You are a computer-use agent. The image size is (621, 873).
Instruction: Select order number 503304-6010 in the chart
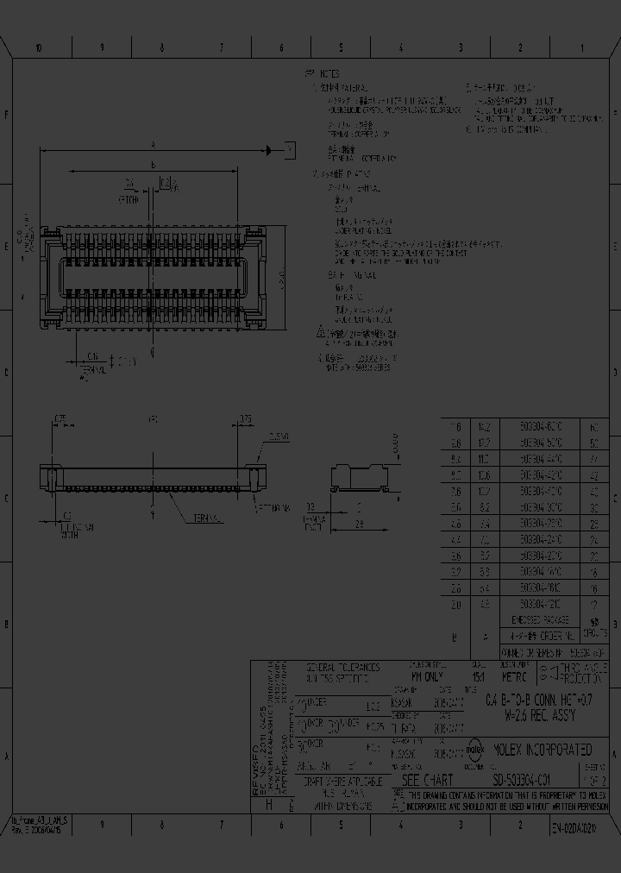(542, 427)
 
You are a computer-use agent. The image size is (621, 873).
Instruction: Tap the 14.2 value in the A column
(484, 427)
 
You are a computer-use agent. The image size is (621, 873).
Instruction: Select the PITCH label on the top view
(127, 200)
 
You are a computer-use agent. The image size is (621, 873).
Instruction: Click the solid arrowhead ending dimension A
(272, 150)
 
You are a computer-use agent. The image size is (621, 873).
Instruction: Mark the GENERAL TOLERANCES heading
(343, 668)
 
